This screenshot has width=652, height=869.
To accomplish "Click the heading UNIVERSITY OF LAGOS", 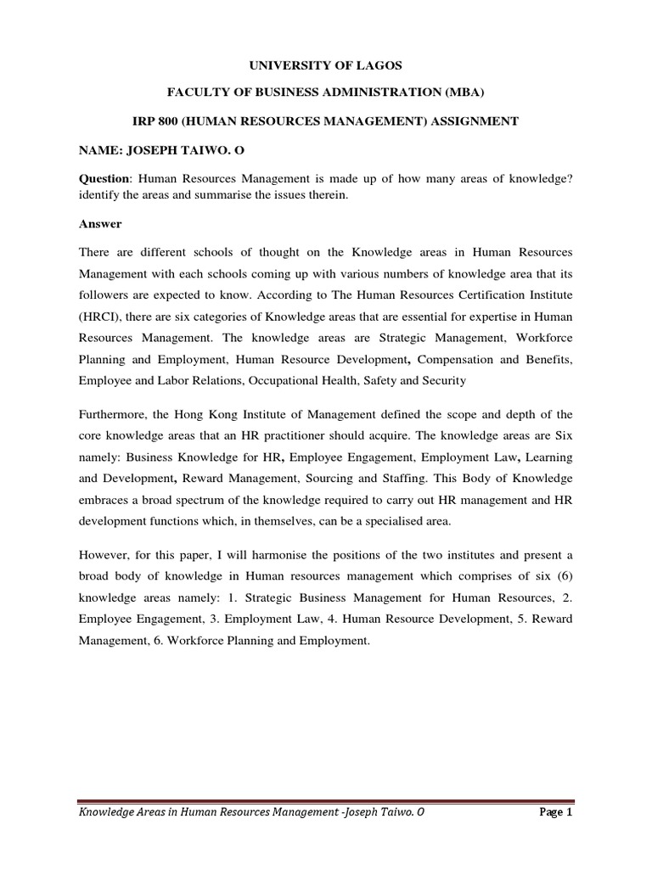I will (325, 65).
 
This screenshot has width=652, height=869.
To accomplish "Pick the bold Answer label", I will (100, 224).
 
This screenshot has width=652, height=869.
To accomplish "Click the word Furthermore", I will (118, 414).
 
